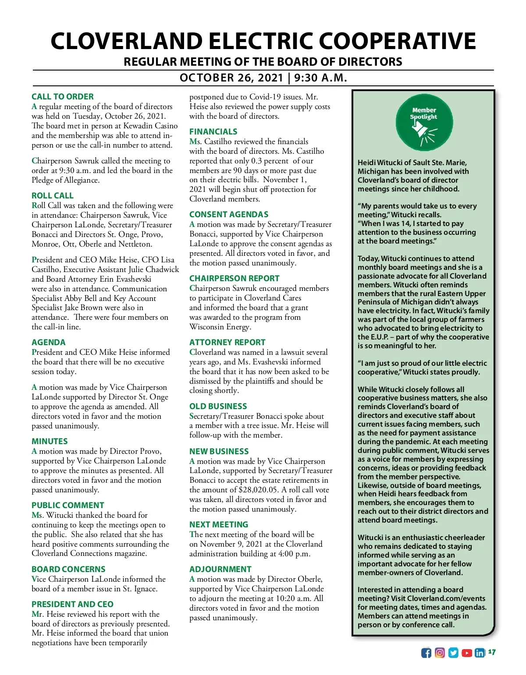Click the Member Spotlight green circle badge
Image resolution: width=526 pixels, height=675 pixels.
tap(423, 122)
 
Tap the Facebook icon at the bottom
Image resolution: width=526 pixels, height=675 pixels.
tap(426, 653)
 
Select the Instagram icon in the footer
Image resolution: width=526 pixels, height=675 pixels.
tap(440, 653)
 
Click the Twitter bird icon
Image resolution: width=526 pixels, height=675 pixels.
tap(453, 653)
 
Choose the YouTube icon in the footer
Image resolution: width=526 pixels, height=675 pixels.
tap(467, 653)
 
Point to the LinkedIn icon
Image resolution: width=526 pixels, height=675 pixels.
tap(480, 653)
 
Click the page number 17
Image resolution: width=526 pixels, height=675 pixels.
tap(492, 652)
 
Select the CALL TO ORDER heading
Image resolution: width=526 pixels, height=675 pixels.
tap(63, 96)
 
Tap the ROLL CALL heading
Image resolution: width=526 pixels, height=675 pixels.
tap(53, 195)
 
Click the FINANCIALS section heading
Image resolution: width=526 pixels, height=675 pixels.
tap(213, 131)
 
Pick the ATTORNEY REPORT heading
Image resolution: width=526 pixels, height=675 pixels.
tap(227, 342)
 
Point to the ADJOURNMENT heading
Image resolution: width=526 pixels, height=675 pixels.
tap(220, 569)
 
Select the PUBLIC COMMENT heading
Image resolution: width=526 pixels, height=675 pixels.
tap(68, 505)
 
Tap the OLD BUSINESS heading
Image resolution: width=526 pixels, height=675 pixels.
tap(218, 406)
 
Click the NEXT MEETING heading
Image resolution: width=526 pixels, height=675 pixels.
tap(219, 524)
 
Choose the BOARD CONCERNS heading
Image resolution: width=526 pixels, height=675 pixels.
tap(68, 569)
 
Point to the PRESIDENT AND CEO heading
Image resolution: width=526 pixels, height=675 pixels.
tap(72, 604)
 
